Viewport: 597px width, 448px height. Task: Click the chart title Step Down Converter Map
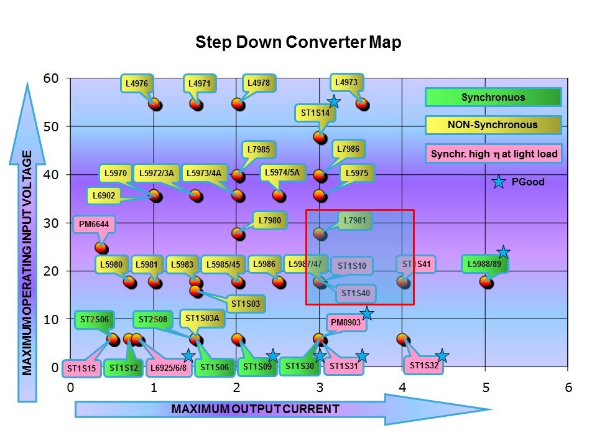(x=298, y=42)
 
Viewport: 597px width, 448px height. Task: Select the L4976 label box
(x=136, y=83)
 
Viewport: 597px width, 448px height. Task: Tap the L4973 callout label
(x=345, y=82)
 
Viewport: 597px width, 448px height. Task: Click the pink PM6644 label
(x=94, y=224)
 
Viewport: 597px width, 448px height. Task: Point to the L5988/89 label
(x=488, y=264)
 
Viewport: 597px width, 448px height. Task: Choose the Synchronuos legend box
(x=493, y=97)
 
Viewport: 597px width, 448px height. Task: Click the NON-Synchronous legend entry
(x=493, y=125)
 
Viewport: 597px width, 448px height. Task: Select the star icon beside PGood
(x=498, y=182)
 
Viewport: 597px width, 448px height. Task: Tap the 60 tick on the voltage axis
(x=50, y=78)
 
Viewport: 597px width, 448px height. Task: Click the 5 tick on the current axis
(x=486, y=388)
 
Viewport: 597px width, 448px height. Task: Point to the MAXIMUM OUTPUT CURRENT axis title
(x=255, y=409)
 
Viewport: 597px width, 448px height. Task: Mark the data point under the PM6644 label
(x=101, y=248)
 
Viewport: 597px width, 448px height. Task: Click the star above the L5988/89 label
(x=503, y=252)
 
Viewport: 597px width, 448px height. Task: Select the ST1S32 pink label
(x=424, y=365)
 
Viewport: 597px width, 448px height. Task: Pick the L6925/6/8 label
(x=169, y=368)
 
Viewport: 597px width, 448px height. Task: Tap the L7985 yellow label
(x=258, y=149)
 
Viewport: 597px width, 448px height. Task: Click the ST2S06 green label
(x=94, y=320)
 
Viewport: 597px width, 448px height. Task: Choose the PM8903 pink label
(x=345, y=324)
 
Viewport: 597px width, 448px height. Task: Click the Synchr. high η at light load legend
(x=493, y=153)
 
